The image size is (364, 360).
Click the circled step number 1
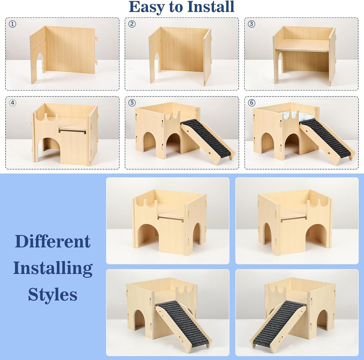point(13,24)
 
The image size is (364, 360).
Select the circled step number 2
point(132,24)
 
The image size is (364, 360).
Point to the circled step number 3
point(252,24)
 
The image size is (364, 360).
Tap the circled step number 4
point(13,103)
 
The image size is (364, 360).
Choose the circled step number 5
point(132,103)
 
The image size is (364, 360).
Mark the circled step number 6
point(252,103)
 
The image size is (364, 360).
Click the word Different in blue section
point(53,242)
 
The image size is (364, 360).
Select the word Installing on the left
point(53,268)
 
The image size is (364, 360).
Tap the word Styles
point(53,295)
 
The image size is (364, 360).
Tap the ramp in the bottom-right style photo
point(279,323)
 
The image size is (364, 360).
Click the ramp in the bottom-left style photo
point(183,323)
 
